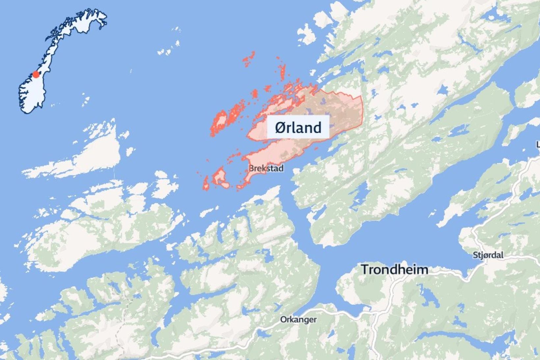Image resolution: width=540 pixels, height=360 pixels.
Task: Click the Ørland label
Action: tap(298, 127)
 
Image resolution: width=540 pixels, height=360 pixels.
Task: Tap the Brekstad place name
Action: tap(266, 168)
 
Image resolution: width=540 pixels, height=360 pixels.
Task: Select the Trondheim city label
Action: tap(395, 269)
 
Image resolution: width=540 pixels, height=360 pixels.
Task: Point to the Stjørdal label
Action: tap(488, 255)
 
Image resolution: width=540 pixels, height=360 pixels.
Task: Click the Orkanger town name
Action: tap(298, 319)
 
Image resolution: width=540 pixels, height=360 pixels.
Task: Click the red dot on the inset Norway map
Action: tap(36, 74)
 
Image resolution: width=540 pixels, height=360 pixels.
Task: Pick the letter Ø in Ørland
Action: tap(281, 127)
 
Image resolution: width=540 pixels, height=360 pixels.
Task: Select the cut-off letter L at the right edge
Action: tap(538, 144)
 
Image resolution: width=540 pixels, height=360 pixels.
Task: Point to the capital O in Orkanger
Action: tap(283, 319)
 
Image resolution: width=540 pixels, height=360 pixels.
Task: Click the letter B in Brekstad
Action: tap(251, 168)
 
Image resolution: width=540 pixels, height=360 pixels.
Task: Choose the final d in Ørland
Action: tap(317, 127)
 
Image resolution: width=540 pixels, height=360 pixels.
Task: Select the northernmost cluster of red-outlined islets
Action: tap(249, 59)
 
